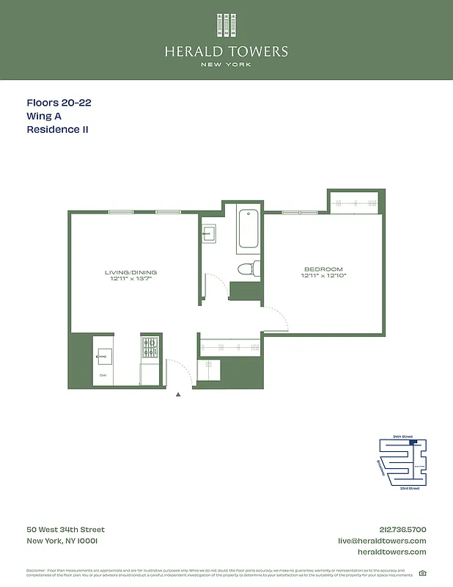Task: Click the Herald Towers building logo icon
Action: [x=226, y=26]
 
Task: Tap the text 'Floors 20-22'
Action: [x=59, y=103]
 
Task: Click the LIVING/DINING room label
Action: [x=130, y=272]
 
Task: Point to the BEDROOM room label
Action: [x=323, y=269]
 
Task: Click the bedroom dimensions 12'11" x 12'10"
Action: [x=323, y=276]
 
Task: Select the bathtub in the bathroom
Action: [x=248, y=229]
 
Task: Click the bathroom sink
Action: [x=208, y=234]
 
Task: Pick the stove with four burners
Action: [x=151, y=348]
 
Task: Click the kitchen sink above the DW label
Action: [x=103, y=357]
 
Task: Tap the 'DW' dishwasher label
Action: [x=103, y=376]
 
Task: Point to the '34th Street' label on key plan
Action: [x=402, y=437]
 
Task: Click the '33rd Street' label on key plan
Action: [x=410, y=488]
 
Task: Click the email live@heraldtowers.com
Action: [x=381, y=541]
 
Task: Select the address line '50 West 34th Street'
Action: [x=65, y=530]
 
